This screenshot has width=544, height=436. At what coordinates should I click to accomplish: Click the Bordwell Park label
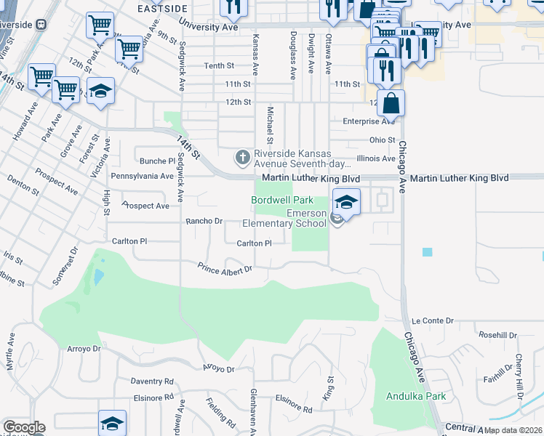tap(282, 200)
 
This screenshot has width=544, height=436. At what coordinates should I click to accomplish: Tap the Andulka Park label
tap(417, 397)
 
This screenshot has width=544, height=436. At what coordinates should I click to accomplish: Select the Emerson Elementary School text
tap(305, 218)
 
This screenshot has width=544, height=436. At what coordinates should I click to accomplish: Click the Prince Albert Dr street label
tap(225, 269)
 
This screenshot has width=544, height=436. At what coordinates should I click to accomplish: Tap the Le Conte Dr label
tap(432, 320)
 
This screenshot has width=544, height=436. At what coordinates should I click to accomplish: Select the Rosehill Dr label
tap(497, 335)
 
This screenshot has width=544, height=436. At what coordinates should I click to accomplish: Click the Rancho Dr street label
tap(203, 221)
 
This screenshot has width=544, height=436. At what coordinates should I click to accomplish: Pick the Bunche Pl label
tap(158, 161)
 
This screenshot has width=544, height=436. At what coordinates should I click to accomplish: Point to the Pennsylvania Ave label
tap(142, 176)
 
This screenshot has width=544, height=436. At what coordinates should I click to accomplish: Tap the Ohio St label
tap(382, 140)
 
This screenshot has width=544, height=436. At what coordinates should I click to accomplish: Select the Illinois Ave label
tap(375, 158)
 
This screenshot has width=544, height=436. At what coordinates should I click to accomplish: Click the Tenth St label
tap(218, 65)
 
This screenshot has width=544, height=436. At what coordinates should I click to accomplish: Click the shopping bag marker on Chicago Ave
tap(391, 103)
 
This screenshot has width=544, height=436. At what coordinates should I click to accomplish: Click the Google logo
tap(23, 428)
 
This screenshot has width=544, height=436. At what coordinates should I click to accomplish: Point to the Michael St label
tap(270, 125)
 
